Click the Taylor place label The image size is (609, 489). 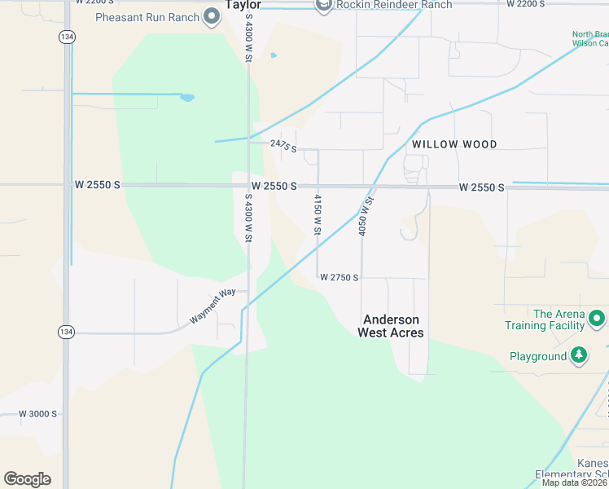tap(243, 4)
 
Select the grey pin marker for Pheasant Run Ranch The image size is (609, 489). tap(212, 16)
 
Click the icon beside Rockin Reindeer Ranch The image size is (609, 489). tap(324, 5)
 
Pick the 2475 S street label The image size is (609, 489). tap(283, 145)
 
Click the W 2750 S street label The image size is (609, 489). tap(340, 278)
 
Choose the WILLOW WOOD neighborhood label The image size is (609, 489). tap(454, 144)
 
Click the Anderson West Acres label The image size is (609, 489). tap(392, 326)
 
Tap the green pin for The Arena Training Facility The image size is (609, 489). tap(598, 318)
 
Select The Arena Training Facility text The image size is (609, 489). tap(545, 319)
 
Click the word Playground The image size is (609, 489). tap(538, 356)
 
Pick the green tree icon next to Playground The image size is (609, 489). tap(579, 355)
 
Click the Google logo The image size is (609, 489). tap(27, 479)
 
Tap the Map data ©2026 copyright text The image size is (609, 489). tap(574, 482)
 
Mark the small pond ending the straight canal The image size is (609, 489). tap(187, 98)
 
